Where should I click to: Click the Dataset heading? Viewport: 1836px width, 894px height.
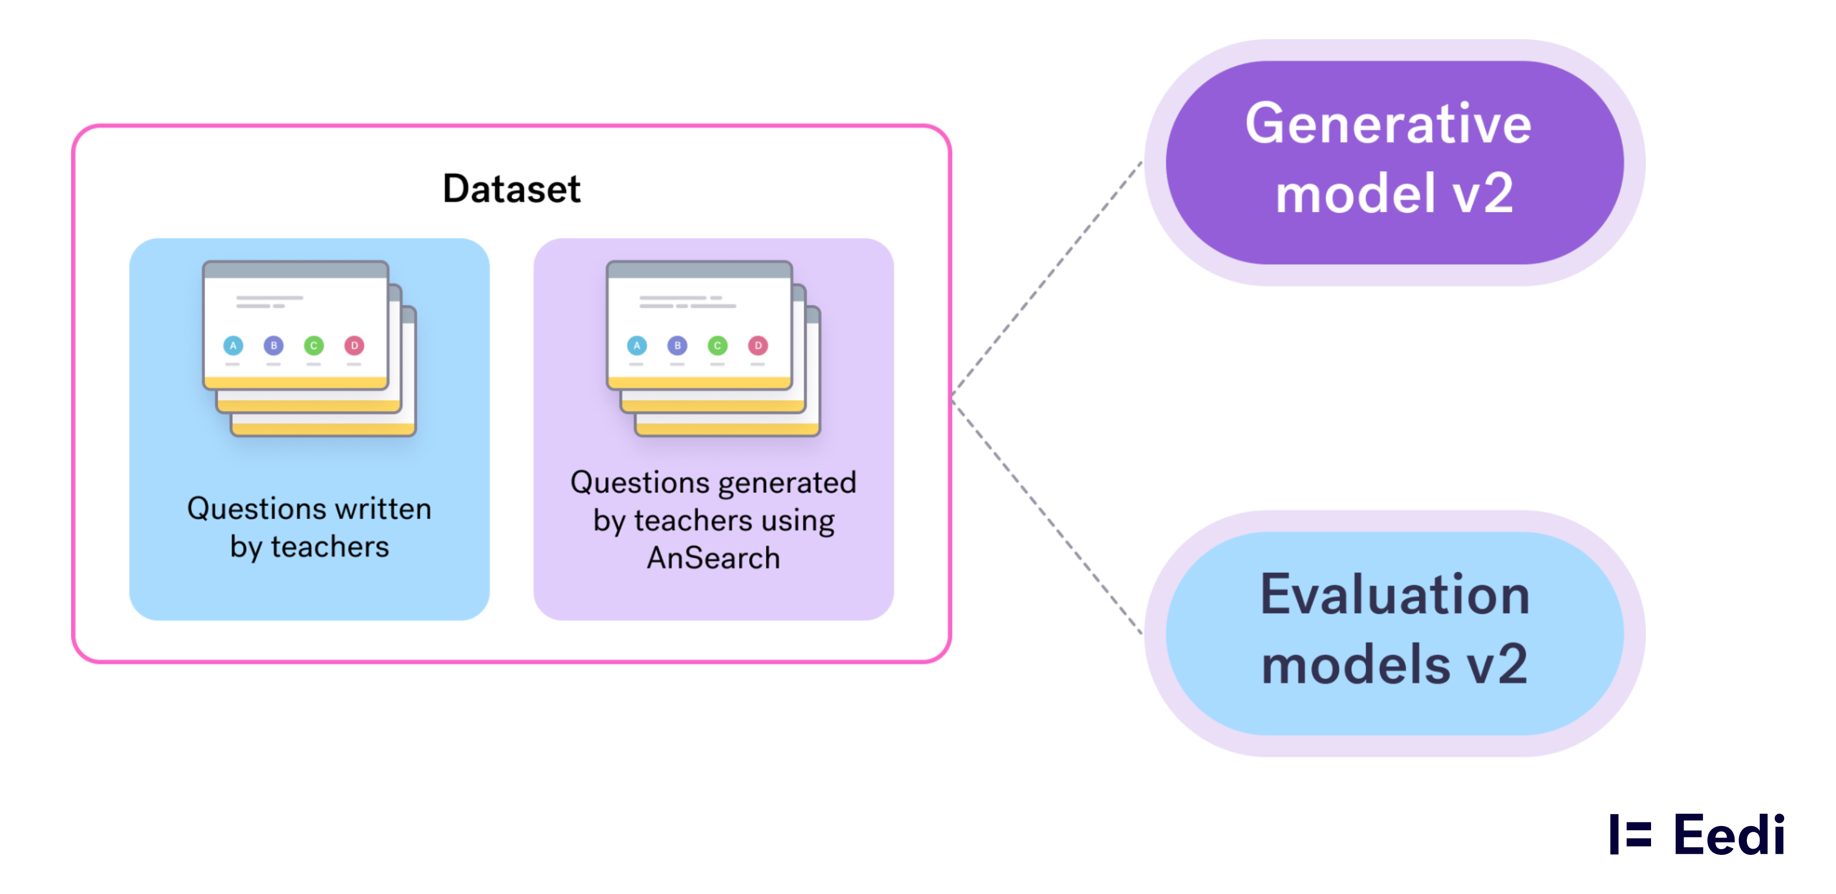(511, 189)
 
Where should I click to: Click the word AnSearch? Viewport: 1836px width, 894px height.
(713, 558)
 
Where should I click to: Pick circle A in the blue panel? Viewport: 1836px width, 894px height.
(233, 346)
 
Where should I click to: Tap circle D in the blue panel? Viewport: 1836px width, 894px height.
(354, 346)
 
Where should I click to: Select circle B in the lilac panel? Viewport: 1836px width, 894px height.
(677, 346)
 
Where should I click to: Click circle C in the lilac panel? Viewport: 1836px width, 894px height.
(718, 346)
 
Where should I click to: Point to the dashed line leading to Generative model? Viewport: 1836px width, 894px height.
(1048, 278)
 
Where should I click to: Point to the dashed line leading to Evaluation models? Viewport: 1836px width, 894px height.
(1048, 517)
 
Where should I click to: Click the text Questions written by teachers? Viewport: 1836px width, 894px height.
(309, 527)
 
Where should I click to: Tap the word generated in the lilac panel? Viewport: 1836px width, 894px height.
(787, 483)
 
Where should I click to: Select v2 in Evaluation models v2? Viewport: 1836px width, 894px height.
(1497, 664)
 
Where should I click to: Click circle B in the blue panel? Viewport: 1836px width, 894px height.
(274, 346)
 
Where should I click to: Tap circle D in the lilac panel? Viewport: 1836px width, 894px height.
(758, 346)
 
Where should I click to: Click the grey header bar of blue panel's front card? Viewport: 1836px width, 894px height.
(296, 270)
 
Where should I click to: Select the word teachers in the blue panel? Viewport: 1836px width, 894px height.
(330, 547)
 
